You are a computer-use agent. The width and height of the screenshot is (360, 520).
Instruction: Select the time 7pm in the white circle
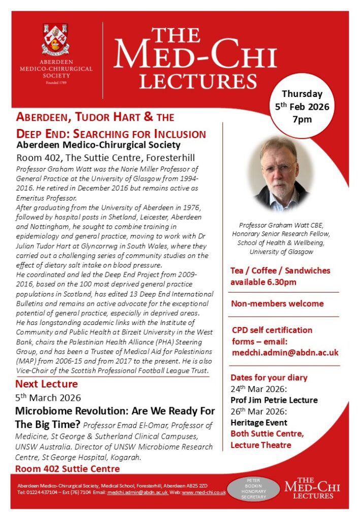[302, 120]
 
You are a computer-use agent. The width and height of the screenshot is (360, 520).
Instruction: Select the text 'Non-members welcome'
[277, 304]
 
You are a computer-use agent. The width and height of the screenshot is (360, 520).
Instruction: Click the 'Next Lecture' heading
[47, 384]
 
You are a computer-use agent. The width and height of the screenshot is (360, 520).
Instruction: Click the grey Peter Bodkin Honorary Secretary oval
[253, 489]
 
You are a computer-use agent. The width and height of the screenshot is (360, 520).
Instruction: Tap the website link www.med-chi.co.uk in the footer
[204, 493]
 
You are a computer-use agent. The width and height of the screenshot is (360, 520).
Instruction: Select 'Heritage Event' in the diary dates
[259, 422]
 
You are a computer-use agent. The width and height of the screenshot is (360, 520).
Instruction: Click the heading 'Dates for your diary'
[269, 378]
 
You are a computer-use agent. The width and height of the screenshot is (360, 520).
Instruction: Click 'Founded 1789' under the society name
[56, 82]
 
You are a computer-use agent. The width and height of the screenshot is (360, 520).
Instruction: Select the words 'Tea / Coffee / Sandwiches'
[280, 271]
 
